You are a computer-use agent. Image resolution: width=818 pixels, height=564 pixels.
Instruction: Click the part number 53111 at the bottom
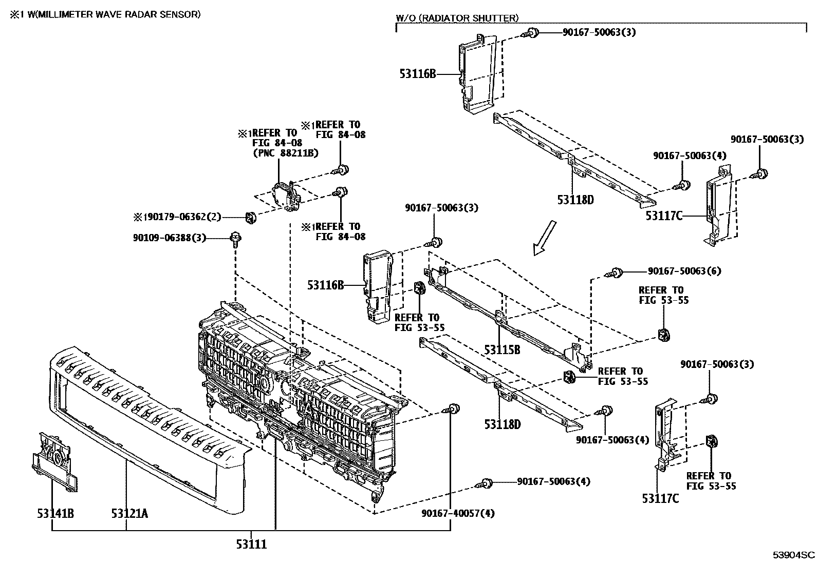(x=251, y=544)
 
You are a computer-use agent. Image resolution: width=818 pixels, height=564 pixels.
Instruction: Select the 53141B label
(x=55, y=513)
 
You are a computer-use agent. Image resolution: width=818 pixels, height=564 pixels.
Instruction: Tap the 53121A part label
(x=129, y=513)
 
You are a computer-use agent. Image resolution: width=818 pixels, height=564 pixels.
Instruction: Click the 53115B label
(x=502, y=350)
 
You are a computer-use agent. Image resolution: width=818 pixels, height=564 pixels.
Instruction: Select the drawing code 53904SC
(x=794, y=555)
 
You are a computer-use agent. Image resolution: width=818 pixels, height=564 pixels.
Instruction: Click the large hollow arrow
(x=544, y=238)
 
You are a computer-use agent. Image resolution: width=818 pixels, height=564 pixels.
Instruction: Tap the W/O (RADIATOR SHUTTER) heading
(x=457, y=18)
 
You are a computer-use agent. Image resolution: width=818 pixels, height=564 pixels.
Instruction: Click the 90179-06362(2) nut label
(x=177, y=217)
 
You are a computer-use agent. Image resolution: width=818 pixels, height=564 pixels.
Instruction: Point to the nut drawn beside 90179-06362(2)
(x=250, y=218)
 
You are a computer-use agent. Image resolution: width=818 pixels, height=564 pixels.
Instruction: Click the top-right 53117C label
(x=664, y=216)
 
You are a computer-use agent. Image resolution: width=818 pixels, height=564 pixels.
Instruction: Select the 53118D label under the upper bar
(x=575, y=200)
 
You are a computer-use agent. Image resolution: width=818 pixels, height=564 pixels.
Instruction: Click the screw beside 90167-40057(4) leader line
(x=452, y=409)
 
